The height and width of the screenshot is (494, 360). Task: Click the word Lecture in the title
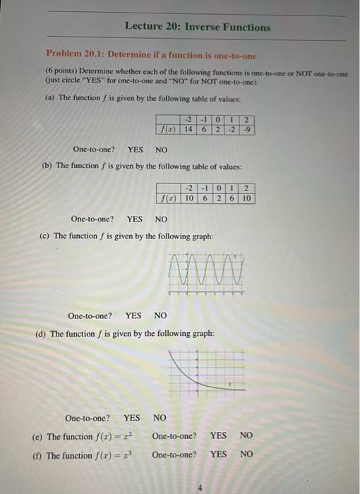[144, 28]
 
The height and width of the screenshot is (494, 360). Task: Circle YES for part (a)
[135, 149]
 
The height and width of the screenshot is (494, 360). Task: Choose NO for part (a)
[161, 149]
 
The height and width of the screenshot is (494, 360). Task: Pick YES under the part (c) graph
[133, 315]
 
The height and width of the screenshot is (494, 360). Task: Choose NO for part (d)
[160, 418]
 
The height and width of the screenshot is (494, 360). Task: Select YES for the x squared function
[219, 436]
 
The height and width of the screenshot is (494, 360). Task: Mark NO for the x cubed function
[246, 454]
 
